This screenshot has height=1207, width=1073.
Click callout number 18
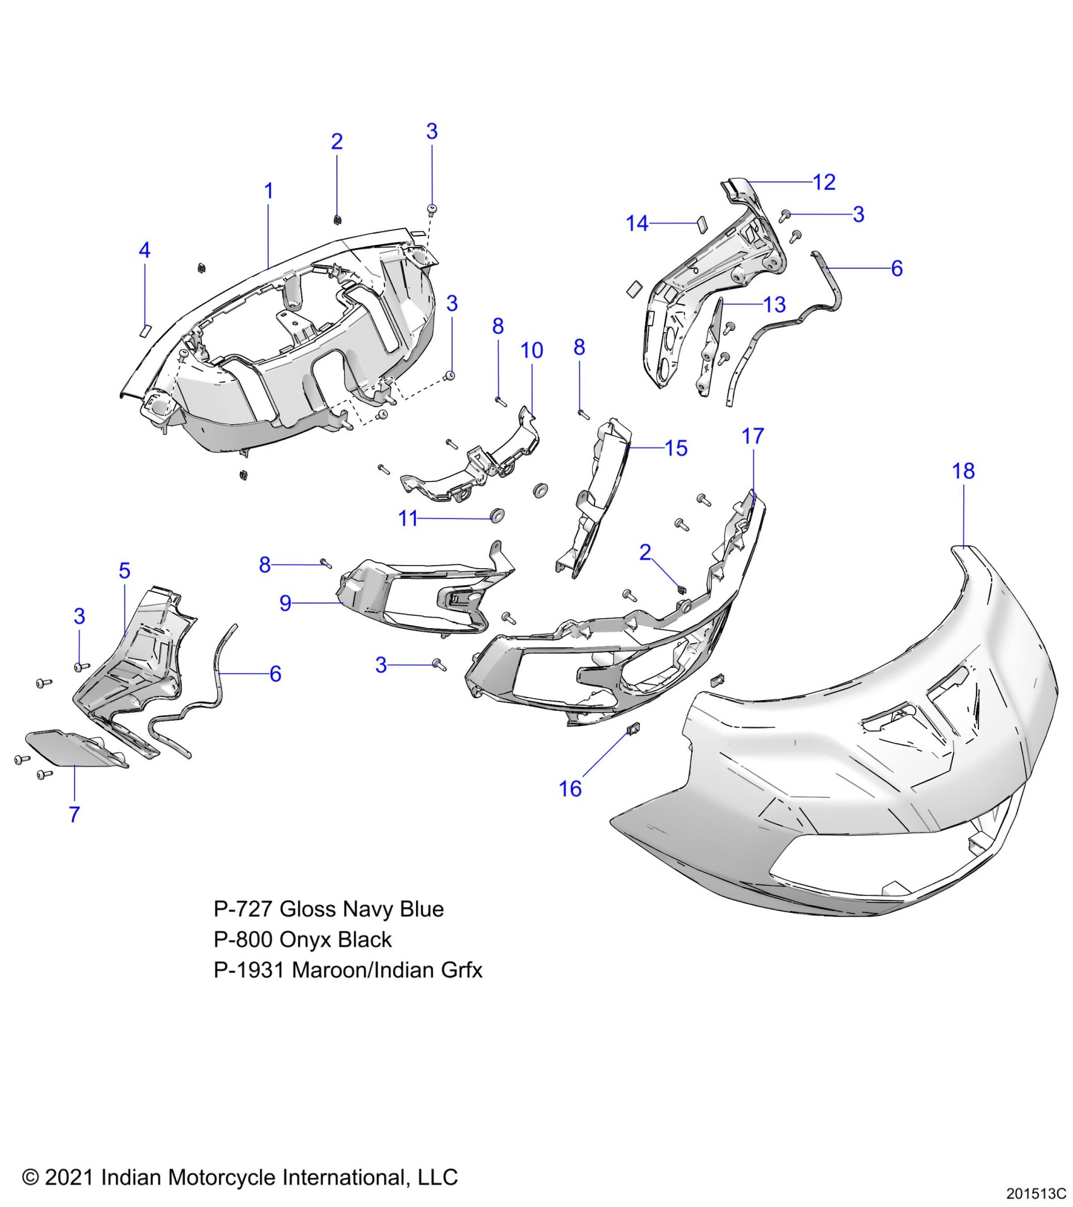pyautogui.click(x=963, y=471)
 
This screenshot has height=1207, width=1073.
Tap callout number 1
pyautogui.click(x=268, y=191)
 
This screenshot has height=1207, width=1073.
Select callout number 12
pyautogui.click(x=824, y=182)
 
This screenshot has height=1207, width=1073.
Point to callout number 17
pyautogui.click(x=752, y=436)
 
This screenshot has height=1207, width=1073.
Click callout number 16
pyautogui.click(x=570, y=788)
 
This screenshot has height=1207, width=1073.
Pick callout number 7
pyautogui.click(x=74, y=814)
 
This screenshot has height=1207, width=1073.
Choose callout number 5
pyautogui.click(x=124, y=571)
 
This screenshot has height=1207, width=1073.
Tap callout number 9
pyautogui.click(x=285, y=603)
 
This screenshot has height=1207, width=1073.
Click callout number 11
pyautogui.click(x=408, y=519)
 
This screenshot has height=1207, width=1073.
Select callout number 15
pyautogui.click(x=676, y=448)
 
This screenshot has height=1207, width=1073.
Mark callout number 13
pyautogui.click(x=774, y=305)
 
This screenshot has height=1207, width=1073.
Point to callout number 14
pyautogui.click(x=637, y=223)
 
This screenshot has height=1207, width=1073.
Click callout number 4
pyautogui.click(x=145, y=251)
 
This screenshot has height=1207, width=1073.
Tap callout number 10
pyautogui.click(x=531, y=350)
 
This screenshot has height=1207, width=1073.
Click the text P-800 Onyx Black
pyautogui.click(x=302, y=940)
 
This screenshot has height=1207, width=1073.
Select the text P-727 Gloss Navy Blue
pyautogui.click(x=328, y=909)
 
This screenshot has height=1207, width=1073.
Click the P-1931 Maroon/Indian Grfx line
pyautogui.click(x=348, y=970)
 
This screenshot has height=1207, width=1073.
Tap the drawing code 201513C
pyautogui.click(x=1036, y=1194)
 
